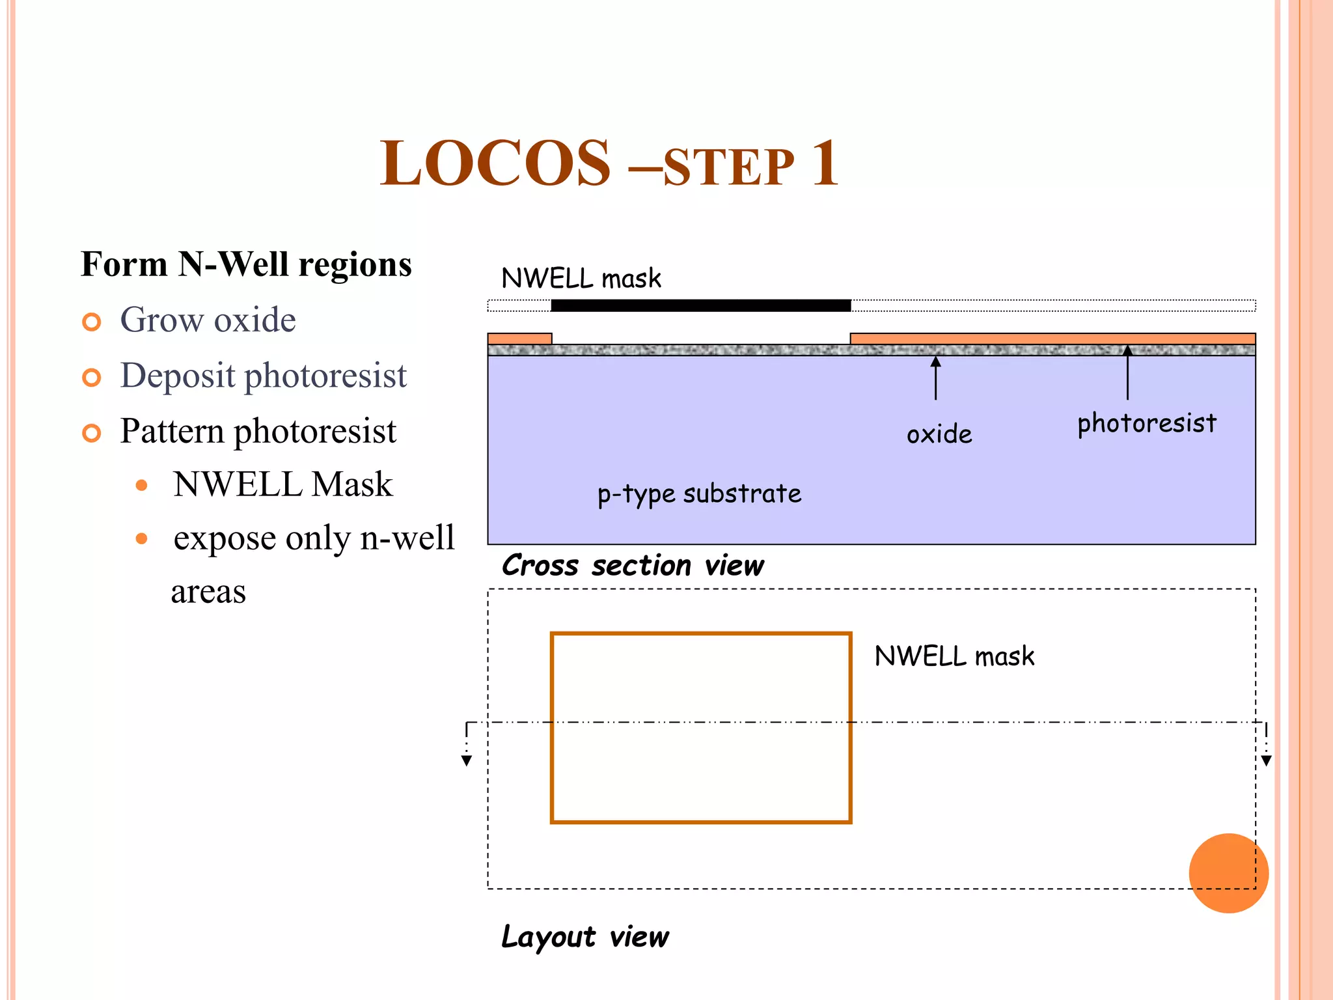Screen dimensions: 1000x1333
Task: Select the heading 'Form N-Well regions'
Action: point(246,264)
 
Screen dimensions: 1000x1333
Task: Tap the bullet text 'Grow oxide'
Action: point(208,320)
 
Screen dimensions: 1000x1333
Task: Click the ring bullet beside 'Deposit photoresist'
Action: point(92,378)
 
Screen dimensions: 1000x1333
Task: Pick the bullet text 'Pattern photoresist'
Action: point(258,431)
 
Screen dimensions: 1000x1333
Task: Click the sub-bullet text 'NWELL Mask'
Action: point(282,484)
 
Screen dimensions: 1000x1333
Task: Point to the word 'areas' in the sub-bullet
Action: point(208,592)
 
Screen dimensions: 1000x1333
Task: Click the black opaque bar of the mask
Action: point(700,305)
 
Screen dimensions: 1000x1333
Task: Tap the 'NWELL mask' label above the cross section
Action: point(581,279)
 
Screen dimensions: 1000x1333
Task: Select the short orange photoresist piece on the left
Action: point(519,339)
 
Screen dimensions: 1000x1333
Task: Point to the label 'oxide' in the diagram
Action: point(939,434)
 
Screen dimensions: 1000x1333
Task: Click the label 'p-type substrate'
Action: point(699,494)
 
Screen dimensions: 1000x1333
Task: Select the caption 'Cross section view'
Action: point(633,565)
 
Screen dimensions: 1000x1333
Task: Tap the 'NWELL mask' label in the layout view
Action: point(954,656)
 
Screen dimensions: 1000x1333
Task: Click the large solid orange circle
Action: point(1228,873)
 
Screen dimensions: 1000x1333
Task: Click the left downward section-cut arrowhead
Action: point(467,760)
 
